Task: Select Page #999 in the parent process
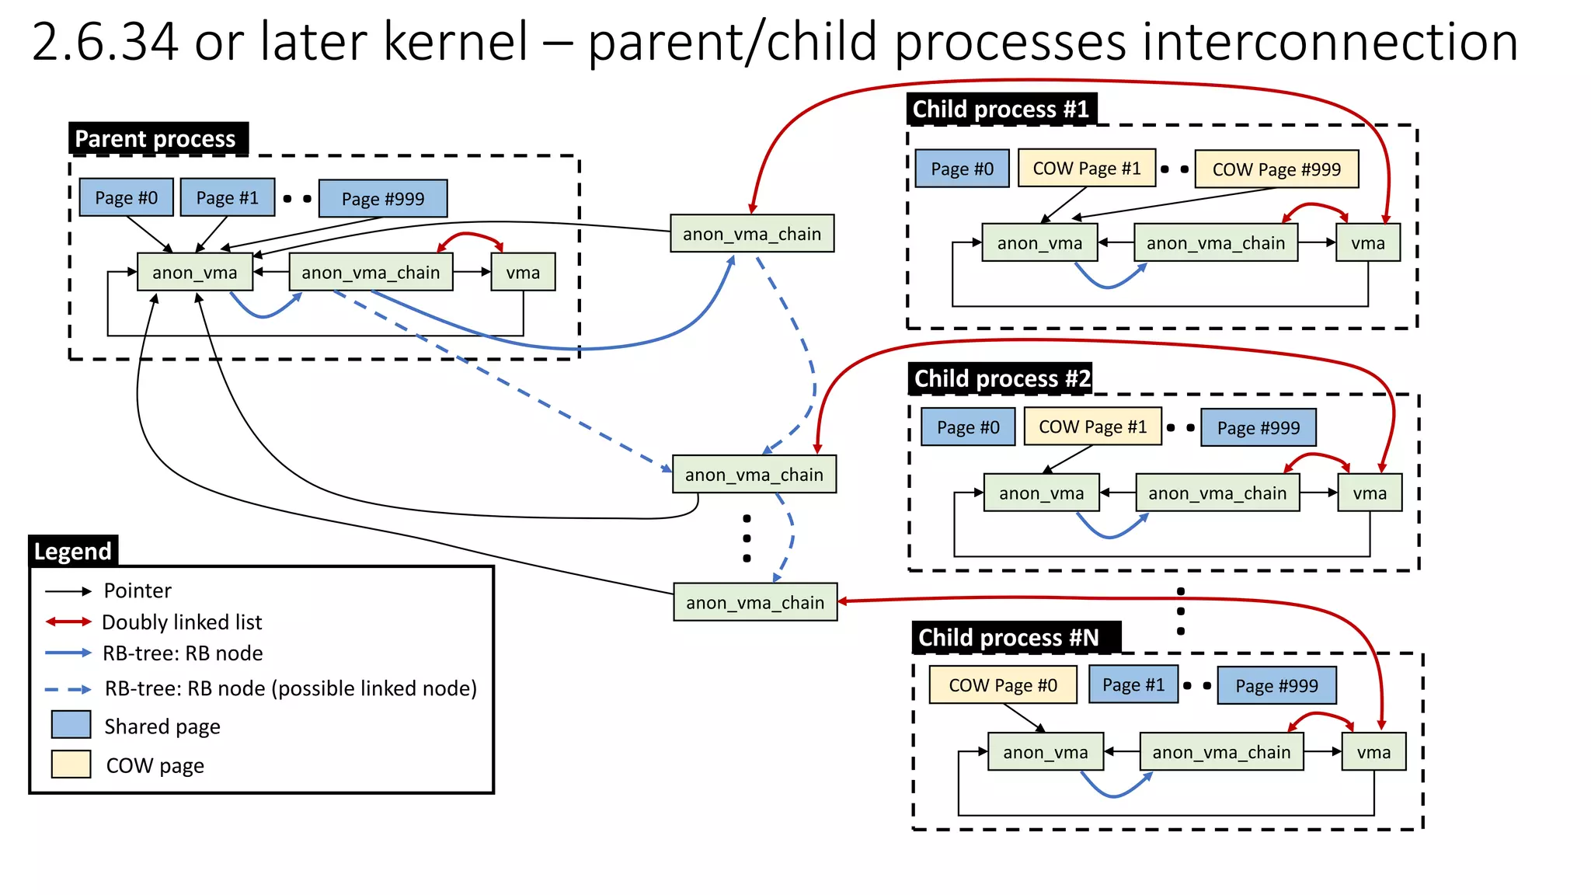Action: coord(383,199)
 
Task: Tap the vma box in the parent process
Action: coord(523,273)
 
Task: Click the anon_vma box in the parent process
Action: coord(194,273)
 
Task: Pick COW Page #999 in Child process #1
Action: coord(1276,169)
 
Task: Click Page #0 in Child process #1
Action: coord(962,169)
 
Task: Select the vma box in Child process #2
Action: coord(1370,493)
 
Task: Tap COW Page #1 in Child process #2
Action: coord(1092,427)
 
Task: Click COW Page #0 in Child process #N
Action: coord(1003,685)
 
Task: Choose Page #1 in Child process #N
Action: coord(1133,685)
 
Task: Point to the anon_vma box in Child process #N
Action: coord(1045,752)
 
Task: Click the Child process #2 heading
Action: coord(1001,379)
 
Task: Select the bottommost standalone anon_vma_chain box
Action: coord(755,603)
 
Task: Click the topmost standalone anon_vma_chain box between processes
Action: coord(752,234)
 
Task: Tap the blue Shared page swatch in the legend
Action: coord(71,725)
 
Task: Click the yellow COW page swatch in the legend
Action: coord(71,764)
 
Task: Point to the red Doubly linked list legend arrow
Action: coord(68,622)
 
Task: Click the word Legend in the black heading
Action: coord(73,552)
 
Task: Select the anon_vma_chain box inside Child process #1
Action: coord(1216,243)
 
